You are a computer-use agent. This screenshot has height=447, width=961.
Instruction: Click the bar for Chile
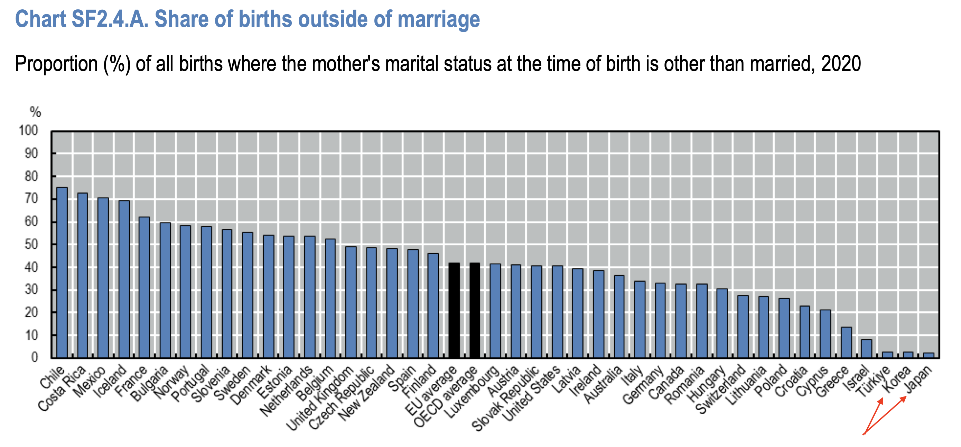[x=62, y=273]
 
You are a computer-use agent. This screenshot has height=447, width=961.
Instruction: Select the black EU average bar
[x=454, y=310]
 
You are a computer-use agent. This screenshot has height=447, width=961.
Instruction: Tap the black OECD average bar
[x=475, y=310]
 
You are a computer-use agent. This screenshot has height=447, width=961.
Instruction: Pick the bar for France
[x=144, y=288]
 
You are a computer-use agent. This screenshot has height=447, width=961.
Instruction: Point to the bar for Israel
[x=867, y=349]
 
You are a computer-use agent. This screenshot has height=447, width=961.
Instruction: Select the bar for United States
[x=557, y=312]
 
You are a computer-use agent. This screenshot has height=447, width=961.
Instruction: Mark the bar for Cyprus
[x=825, y=334]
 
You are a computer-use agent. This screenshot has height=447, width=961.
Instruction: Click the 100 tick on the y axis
[x=28, y=131]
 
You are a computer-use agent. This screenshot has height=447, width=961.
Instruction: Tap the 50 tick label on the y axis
[x=31, y=245]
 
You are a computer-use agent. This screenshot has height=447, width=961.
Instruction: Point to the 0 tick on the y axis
[x=34, y=358]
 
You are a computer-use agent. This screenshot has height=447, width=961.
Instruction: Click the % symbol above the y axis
[x=36, y=112]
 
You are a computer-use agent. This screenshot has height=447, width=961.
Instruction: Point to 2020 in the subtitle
[x=841, y=63]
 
